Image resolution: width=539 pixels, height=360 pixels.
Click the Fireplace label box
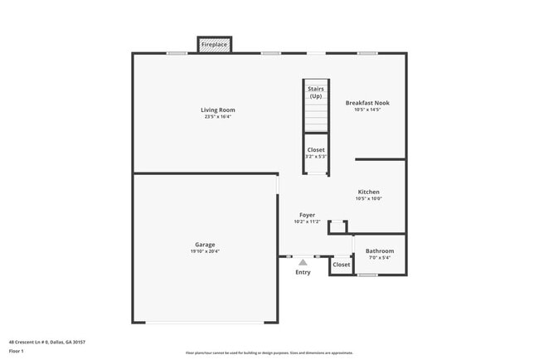point(214,45)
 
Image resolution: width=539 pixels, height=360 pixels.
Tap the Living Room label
point(217,109)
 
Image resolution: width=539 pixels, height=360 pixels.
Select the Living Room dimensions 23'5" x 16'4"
point(217,117)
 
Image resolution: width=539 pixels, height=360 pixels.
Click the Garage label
point(205,244)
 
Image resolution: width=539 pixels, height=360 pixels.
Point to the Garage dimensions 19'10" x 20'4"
point(205,251)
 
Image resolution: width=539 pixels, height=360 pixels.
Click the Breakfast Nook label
point(367,103)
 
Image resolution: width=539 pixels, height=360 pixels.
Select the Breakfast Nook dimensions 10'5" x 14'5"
point(367,109)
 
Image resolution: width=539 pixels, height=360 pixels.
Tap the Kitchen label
point(368,192)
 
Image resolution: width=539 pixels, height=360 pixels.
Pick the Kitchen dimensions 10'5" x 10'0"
point(368,199)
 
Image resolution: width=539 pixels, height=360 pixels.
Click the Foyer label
point(307,215)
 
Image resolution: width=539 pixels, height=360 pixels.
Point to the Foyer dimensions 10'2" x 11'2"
point(307,222)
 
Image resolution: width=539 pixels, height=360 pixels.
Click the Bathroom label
point(380,251)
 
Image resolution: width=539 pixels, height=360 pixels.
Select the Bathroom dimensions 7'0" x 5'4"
point(380,258)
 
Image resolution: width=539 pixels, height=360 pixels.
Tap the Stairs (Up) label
point(316,92)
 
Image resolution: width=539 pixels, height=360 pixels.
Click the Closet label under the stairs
point(316,149)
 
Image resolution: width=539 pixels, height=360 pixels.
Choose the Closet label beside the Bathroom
point(342,265)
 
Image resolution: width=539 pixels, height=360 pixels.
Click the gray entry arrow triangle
point(303,262)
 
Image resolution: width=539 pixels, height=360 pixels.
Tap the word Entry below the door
point(303,272)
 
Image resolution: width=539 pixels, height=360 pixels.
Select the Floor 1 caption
point(17,351)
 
